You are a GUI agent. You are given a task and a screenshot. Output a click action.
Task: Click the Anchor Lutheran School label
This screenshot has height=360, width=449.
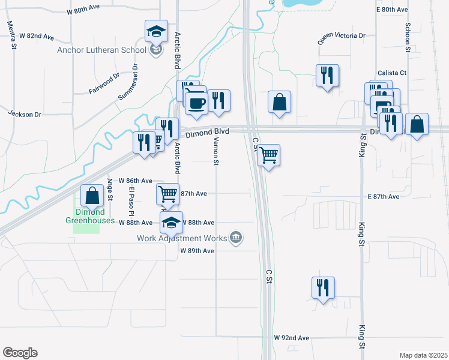click(101, 50)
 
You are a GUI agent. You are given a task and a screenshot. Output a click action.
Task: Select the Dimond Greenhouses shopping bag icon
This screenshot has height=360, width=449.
click(92, 196)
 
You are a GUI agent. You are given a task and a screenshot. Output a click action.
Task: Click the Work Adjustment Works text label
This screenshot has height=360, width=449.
click(181, 238)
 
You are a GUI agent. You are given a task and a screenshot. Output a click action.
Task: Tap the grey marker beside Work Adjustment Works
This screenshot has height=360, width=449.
click(236, 238)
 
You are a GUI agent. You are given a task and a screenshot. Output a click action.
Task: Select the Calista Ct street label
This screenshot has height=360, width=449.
click(392, 73)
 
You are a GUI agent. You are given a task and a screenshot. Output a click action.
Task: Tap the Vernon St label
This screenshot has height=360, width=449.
click(215, 149)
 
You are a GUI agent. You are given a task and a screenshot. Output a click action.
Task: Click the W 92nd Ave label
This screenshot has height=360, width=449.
click(291, 338)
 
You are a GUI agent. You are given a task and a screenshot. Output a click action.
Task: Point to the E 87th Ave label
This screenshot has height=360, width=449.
click(384, 196)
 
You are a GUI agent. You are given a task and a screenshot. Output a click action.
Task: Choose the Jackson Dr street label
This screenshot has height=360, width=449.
click(24, 113)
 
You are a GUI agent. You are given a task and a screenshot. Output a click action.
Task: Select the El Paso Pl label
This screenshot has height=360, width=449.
click(131, 201)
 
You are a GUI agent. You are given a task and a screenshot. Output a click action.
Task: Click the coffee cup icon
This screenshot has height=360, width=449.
click(196, 103)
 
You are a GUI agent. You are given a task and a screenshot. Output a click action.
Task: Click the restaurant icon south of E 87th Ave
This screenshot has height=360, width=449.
click(323, 288)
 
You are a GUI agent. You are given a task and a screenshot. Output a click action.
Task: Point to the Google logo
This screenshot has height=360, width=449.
click(20, 353)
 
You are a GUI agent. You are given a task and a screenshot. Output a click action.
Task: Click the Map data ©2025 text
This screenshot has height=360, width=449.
click(423, 355)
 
